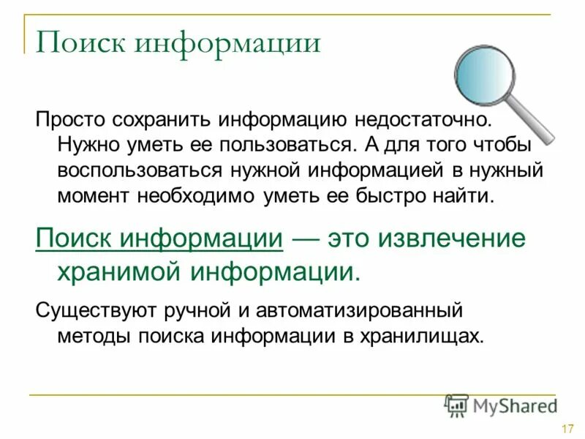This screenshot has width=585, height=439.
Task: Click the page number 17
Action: (566, 429)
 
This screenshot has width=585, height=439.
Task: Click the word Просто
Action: (70, 119)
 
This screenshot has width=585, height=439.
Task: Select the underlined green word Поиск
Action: (76, 239)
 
